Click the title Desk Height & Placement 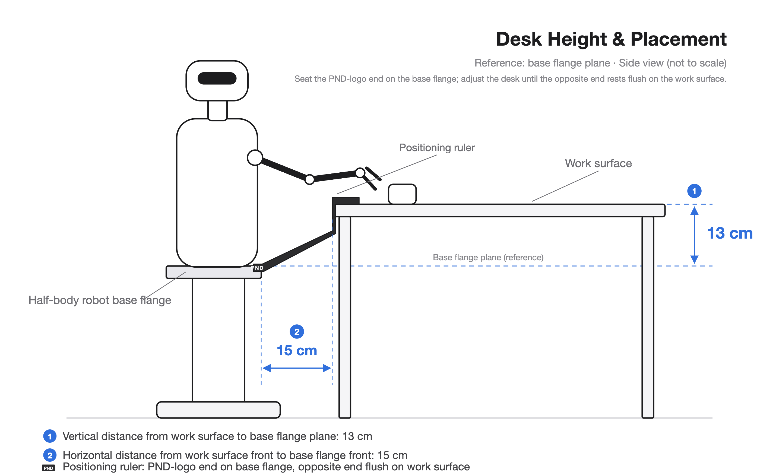coord(611,39)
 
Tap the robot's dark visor coord(217,78)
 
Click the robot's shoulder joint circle coord(255,157)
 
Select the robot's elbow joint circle coord(310,179)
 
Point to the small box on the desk coord(402,194)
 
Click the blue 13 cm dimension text coord(730,233)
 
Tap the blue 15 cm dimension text coord(297,351)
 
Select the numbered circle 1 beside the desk coord(694,191)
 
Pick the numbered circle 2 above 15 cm coord(297,331)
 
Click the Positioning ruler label coord(437,148)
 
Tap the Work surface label coord(598,163)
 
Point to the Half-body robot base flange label coord(100,300)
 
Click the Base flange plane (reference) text coord(488,257)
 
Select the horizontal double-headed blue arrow coord(297,368)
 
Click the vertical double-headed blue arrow coord(694,235)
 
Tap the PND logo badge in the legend coord(48,468)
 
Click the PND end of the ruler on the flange coord(258,268)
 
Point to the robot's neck coord(217,110)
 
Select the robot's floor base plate coord(218,410)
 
